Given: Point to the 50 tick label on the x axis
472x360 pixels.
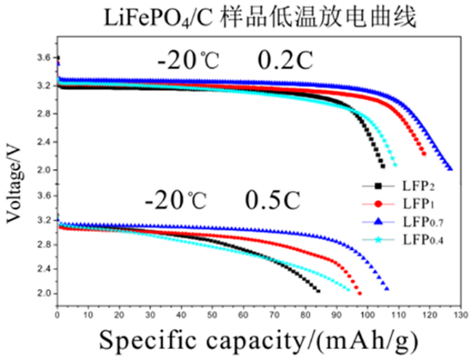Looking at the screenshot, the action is [212, 315].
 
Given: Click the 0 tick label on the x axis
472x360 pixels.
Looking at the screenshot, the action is [57, 315].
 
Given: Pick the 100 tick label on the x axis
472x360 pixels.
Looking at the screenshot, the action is [368, 315].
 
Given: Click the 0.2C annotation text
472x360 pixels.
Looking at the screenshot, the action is [285, 60].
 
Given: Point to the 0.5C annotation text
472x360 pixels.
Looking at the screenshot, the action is [273, 200].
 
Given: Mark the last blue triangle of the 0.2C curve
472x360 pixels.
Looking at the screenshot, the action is [450, 168].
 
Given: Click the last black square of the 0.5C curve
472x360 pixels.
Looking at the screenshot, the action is [319, 291].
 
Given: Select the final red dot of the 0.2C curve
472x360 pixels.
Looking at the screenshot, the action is [424, 154].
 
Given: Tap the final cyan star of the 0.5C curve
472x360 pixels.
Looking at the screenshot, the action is [349, 290].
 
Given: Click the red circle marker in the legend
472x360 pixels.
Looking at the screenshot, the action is [378, 204].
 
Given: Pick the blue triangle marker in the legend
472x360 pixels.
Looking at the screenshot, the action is [378, 222].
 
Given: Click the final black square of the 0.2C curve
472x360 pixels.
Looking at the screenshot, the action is [383, 166].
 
